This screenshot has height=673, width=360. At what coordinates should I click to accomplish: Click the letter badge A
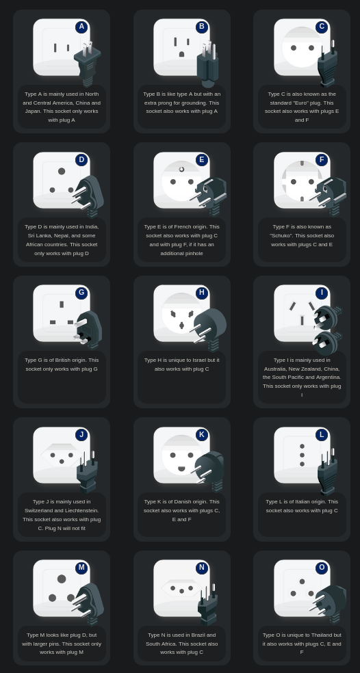click(x=81, y=27)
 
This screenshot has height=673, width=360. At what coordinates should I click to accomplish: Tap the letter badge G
click(x=81, y=293)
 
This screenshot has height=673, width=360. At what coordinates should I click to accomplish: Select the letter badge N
click(x=202, y=568)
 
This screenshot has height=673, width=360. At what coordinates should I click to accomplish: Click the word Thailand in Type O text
click(x=322, y=635)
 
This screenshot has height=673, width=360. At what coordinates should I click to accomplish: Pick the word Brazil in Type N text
click(x=197, y=635)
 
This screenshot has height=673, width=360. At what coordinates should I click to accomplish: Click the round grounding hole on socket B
click(x=182, y=54)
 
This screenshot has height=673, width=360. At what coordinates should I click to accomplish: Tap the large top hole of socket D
click(x=62, y=171)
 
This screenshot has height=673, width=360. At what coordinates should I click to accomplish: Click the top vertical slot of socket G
click(x=62, y=304)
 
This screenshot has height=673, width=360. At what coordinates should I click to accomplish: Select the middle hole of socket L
click(x=302, y=455)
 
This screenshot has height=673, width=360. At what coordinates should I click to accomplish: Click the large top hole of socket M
click(x=62, y=579)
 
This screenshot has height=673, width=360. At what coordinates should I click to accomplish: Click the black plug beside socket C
click(x=327, y=64)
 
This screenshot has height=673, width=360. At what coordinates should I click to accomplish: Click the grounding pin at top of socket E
click(x=182, y=170)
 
